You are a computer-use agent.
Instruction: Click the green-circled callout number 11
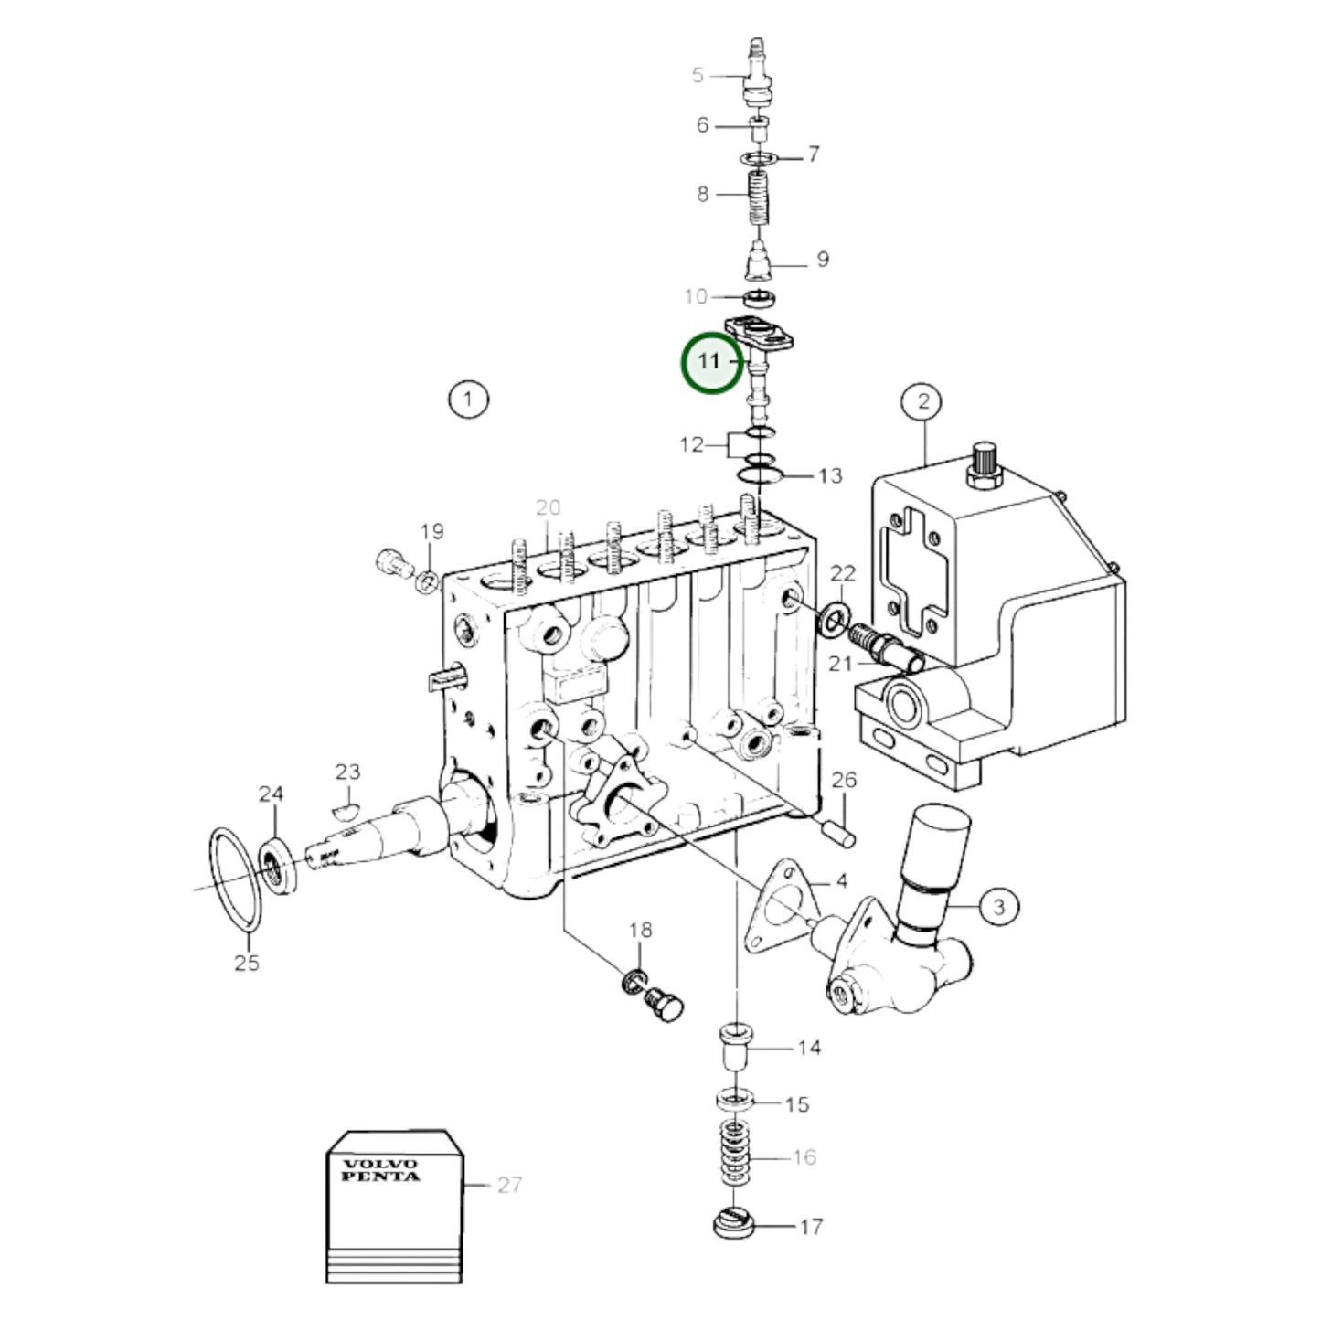(x=710, y=362)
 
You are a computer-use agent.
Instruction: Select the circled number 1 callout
(x=468, y=399)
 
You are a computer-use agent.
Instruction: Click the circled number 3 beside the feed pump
(x=998, y=906)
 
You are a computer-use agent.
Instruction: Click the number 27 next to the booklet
(x=509, y=1185)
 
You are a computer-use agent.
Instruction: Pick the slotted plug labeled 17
(x=733, y=1224)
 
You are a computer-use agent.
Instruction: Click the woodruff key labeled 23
(x=345, y=808)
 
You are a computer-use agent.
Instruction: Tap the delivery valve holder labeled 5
(x=756, y=73)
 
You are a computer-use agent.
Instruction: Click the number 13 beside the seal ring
(x=830, y=475)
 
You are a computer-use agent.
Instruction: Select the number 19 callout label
(x=431, y=531)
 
